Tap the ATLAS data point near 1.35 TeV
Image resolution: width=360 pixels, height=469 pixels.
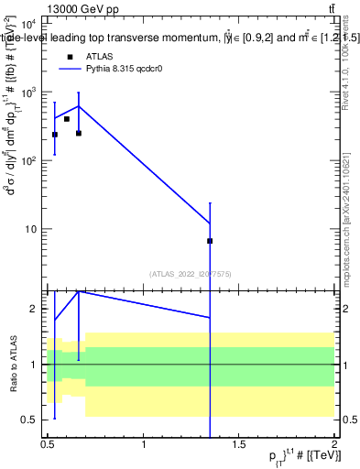(211, 241)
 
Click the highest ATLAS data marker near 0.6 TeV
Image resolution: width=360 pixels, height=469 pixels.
(67, 119)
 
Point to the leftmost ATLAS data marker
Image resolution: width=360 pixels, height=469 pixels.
(55, 135)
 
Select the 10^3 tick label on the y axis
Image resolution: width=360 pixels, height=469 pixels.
(27, 93)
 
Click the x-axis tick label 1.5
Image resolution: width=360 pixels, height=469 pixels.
(240, 444)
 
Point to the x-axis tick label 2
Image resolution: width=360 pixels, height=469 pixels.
(335, 444)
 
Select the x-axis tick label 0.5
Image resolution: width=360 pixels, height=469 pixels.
(48, 444)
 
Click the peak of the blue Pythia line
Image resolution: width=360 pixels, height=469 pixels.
(79, 106)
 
